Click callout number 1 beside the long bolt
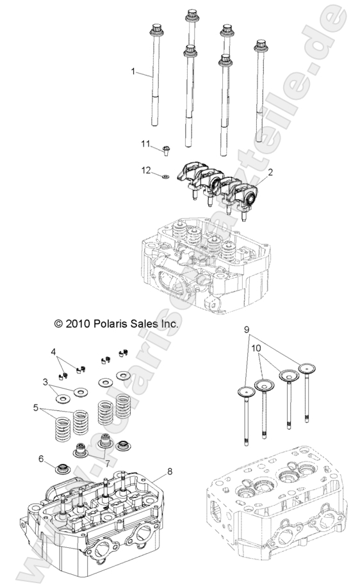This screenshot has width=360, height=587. [x=134, y=72]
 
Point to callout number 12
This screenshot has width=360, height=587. [x=145, y=170]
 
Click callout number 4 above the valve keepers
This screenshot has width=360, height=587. [x=54, y=351]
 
